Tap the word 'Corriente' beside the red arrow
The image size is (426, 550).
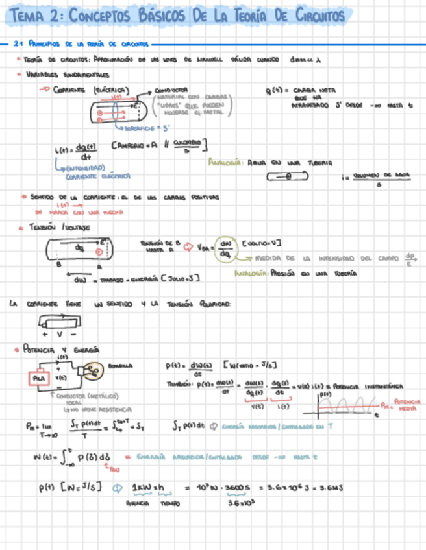click(72, 90)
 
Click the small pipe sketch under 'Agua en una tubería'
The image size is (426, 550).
click(290, 176)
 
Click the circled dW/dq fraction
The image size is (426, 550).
click(226, 248)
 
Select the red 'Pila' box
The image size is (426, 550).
click(36, 377)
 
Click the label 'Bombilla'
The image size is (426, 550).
click(120, 366)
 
